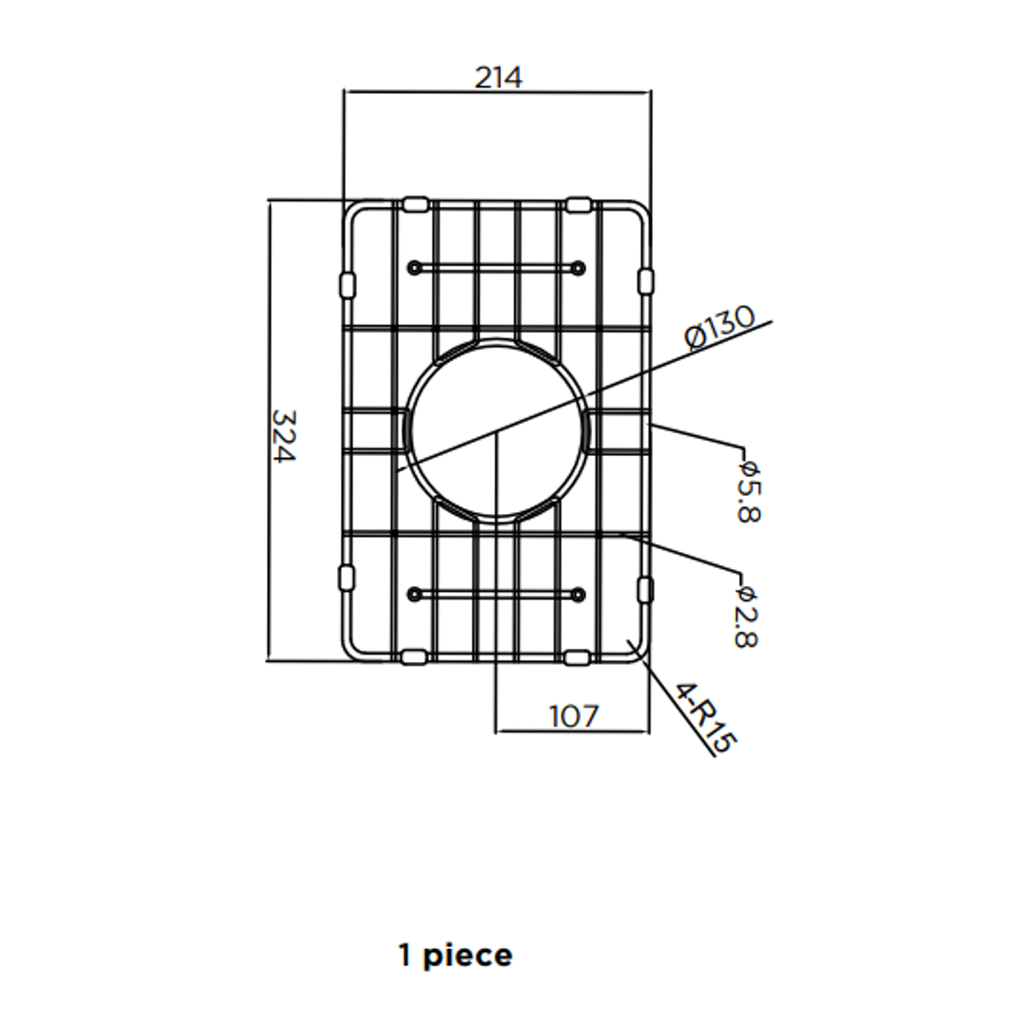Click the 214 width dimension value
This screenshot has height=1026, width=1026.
pos(499,77)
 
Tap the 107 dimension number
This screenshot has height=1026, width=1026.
pos(575,715)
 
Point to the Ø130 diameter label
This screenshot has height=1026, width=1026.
pos(720,328)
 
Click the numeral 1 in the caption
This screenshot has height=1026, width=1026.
pos(406,956)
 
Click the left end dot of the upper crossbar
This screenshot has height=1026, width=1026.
pos(413,268)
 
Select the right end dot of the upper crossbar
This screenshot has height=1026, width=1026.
pos(578,268)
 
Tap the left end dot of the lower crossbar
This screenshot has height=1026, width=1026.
pos(413,595)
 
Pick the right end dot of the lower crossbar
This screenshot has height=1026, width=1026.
pos(578,595)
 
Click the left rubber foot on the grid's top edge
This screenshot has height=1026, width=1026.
pos(415,203)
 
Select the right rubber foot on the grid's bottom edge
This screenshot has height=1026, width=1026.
pos(577,657)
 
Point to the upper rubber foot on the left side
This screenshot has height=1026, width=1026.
pos(347,282)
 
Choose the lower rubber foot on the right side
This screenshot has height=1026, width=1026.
pos(646,588)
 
